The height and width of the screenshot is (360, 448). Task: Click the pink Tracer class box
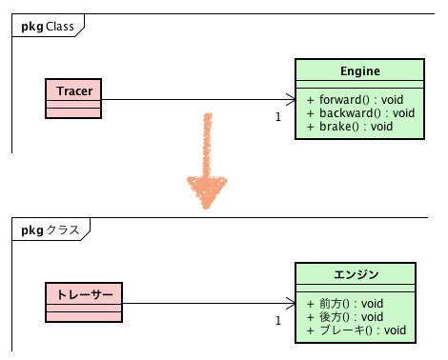point(73,98)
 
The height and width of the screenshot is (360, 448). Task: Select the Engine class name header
point(359,71)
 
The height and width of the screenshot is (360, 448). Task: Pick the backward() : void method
point(360,112)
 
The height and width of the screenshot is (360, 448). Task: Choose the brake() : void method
point(350,126)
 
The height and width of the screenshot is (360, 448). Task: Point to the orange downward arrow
point(206,162)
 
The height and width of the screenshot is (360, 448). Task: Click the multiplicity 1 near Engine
point(277,117)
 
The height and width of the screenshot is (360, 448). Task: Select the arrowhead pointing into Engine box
point(290,99)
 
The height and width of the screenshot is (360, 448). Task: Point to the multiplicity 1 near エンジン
point(277,321)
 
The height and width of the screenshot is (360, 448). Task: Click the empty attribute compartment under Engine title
point(359,86)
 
